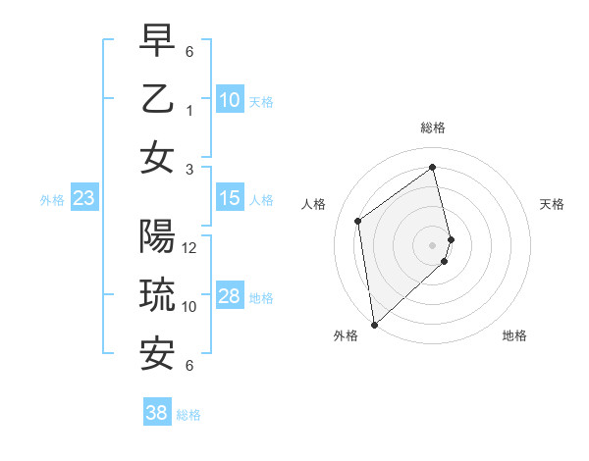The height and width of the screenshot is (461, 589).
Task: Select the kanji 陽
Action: coord(158,237)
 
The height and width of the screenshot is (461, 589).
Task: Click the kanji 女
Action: coord(158,158)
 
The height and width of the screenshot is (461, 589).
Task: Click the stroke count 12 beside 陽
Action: coord(190,248)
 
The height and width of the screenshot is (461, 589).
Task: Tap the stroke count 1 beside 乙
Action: coord(190,111)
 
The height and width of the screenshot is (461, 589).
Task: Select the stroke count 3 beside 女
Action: coord(190,169)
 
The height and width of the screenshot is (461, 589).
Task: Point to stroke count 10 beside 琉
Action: coord(190,307)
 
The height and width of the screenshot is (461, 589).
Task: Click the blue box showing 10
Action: coord(230,100)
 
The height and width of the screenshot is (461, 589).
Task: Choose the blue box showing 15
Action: coord(230,198)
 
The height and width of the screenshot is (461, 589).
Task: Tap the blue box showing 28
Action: coord(230,296)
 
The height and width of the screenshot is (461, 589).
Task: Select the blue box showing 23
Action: coord(84,199)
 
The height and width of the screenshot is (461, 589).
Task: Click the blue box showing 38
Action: coord(157,413)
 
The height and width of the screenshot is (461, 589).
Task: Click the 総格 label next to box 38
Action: coord(188,415)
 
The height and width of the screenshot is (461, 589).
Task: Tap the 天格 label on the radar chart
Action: coord(552,204)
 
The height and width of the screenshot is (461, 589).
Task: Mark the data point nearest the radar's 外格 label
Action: coord(374,324)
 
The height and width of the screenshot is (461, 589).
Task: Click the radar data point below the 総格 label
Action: coord(433,168)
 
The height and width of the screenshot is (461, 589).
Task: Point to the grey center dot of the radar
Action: coord(433,244)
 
